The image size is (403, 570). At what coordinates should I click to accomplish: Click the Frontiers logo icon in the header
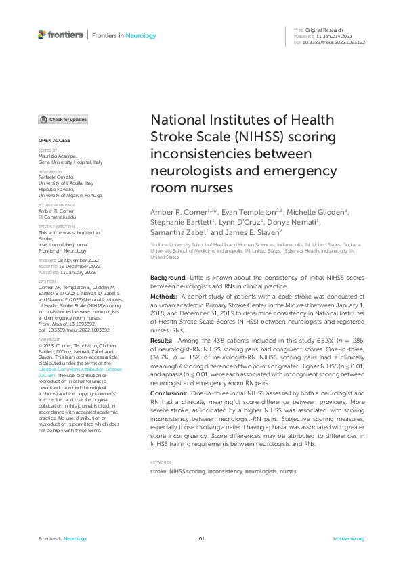pyautogui.click(x=42, y=35)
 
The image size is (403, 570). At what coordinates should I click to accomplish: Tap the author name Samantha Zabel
pyautogui.click(x=178, y=232)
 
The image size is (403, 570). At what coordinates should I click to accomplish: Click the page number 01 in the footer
pyautogui.click(x=201, y=538)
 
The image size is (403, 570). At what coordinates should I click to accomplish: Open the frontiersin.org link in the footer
pyautogui.click(x=349, y=538)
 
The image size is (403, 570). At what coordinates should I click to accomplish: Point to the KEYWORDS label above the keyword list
pyautogui.click(x=160, y=462)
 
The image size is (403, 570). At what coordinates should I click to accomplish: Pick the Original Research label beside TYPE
pyautogui.click(x=324, y=30)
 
